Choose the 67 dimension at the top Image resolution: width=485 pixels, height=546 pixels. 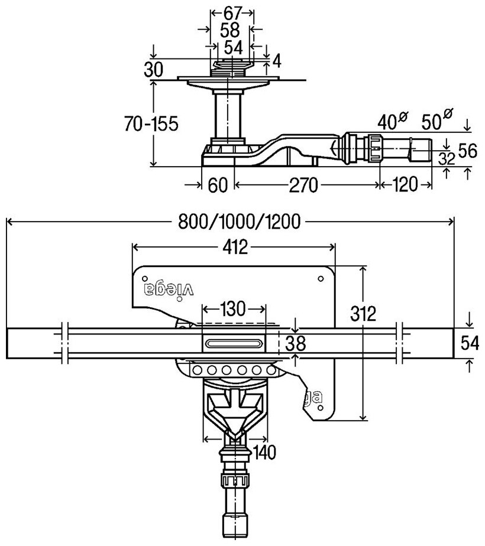point(232,13)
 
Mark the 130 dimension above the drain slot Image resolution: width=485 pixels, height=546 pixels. point(232,309)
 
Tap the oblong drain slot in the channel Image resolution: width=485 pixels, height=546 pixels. point(234,343)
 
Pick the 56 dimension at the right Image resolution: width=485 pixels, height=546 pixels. point(467,151)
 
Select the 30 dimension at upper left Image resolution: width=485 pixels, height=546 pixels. point(153,70)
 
